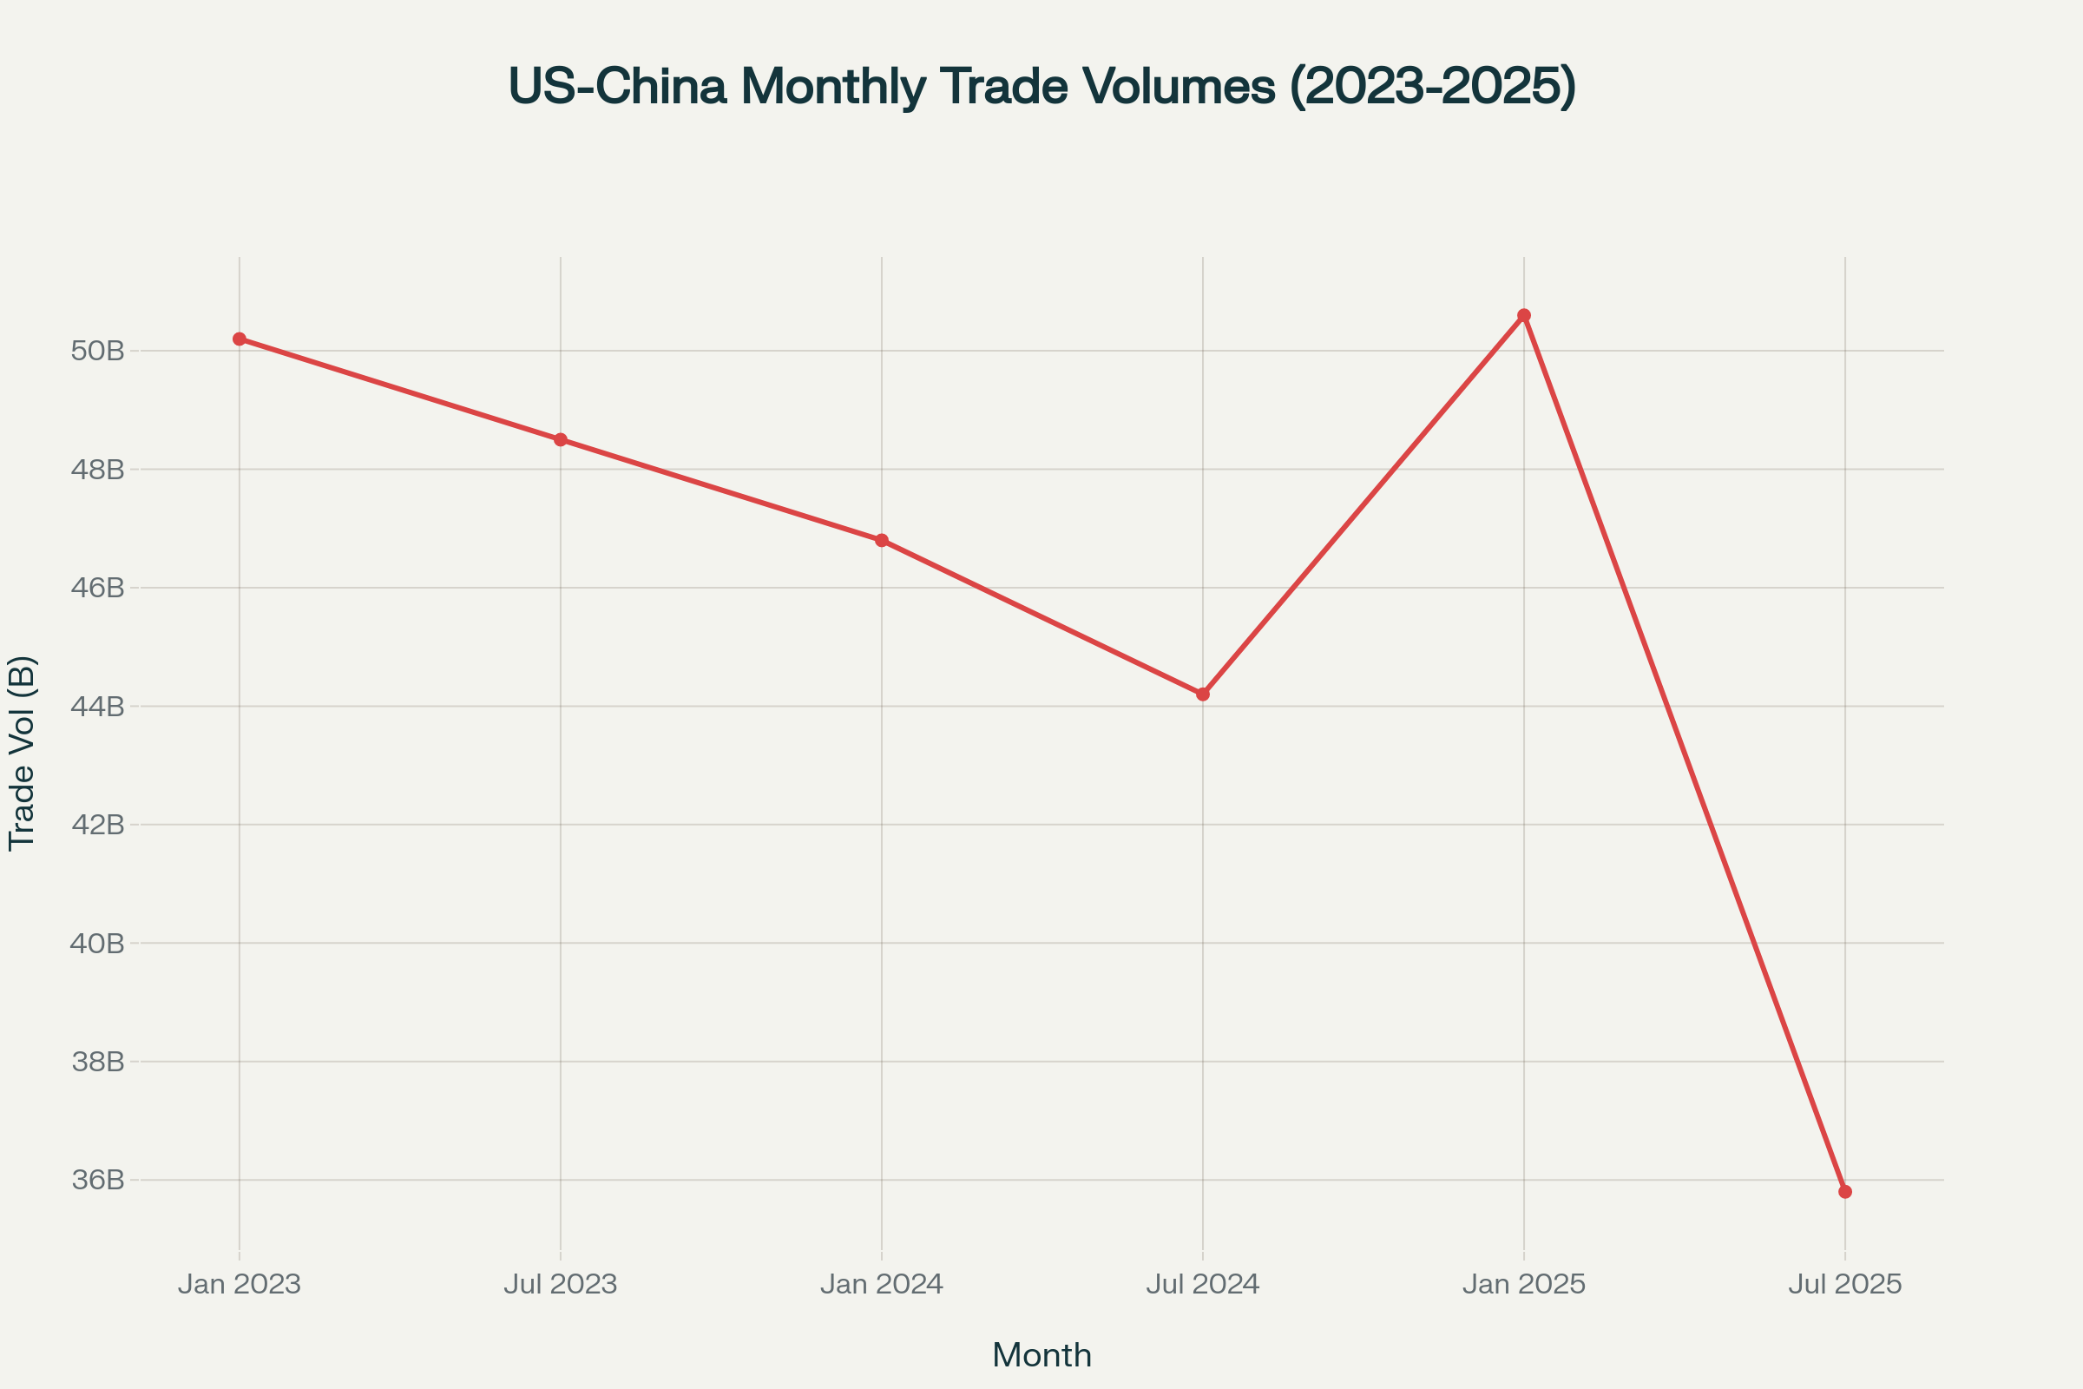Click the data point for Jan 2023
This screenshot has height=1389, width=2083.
(240, 339)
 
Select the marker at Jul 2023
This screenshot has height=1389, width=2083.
(561, 439)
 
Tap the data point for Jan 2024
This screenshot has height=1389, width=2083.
(881, 540)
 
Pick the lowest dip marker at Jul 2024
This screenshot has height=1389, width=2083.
(1203, 694)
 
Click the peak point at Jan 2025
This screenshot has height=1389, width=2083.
(1524, 315)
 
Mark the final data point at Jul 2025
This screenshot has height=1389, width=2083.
(1845, 1191)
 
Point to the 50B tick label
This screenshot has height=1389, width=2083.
(97, 351)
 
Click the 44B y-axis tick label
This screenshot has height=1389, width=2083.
(97, 706)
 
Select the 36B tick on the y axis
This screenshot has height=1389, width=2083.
(97, 1180)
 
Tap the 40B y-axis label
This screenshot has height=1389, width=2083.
(97, 944)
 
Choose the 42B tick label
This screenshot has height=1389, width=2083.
(97, 825)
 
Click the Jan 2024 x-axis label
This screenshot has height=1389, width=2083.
(881, 1285)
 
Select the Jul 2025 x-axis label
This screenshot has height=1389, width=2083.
(1845, 1285)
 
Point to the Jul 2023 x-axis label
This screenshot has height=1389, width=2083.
(561, 1285)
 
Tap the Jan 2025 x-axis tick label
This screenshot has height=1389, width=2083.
(1524, 1285)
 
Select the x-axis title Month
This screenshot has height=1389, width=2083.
(1041, 1355)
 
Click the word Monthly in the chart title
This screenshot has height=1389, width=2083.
(834, 87)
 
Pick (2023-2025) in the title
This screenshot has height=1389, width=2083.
(1432, 87)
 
